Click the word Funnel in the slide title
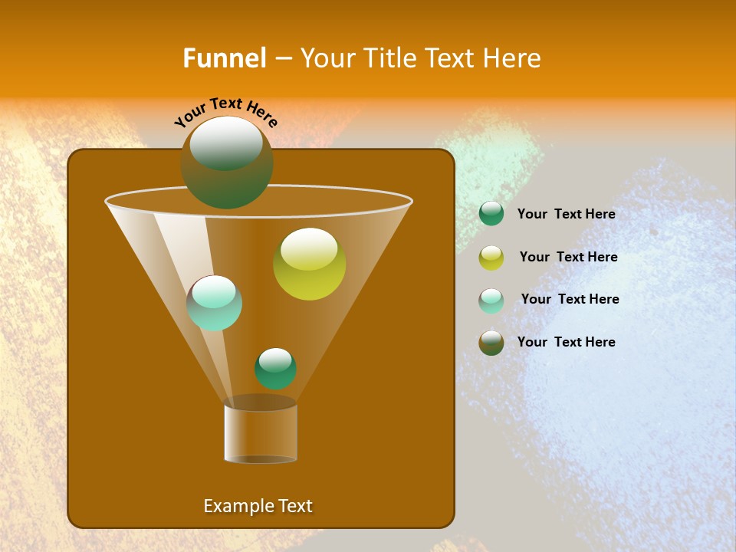click(224, 58)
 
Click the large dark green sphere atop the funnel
click(227, 163)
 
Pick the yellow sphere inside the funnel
click(309, 264)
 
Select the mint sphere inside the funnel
click(215, 303)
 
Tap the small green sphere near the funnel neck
click(275, 369)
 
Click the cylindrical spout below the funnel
click(261, 433)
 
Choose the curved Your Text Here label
click(226, 113)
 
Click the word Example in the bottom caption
click(233, 506)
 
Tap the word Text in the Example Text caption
click(294, 506)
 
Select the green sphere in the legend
click(491, 214)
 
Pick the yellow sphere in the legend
click(491, 258)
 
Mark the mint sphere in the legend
click(491, 301)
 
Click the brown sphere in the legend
click(491, 343)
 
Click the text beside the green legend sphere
click(566, 215)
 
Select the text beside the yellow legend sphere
click(568, 258)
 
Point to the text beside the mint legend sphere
click(570, 300)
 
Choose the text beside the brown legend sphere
click(566, 342)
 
